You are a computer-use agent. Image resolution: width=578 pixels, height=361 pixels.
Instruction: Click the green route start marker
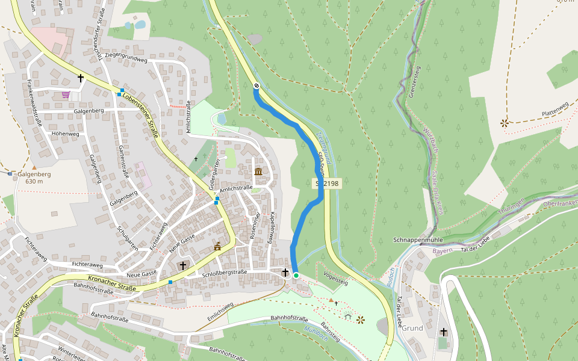click(296, 276)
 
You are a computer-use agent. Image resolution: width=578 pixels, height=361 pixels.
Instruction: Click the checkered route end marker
click(256, 85)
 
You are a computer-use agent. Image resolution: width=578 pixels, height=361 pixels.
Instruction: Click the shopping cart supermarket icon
click(66, 94)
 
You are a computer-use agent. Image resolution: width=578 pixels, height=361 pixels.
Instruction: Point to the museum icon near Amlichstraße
click(258, 172)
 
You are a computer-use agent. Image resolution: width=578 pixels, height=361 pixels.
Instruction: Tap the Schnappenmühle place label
click(418, 239)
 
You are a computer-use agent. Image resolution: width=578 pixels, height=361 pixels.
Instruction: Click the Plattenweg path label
click(555, 109)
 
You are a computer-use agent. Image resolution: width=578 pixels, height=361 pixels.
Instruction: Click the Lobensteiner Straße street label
click(140, 113)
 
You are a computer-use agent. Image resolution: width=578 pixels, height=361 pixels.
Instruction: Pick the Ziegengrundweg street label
click(125, 59)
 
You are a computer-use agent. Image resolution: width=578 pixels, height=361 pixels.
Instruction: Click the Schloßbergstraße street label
click(226, 272)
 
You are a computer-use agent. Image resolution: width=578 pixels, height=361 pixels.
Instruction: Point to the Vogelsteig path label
click(335, 279)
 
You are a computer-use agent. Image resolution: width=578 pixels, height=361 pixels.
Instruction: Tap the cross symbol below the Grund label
click(444, 332)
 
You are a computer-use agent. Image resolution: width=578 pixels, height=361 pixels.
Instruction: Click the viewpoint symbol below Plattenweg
click(504, 123)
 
